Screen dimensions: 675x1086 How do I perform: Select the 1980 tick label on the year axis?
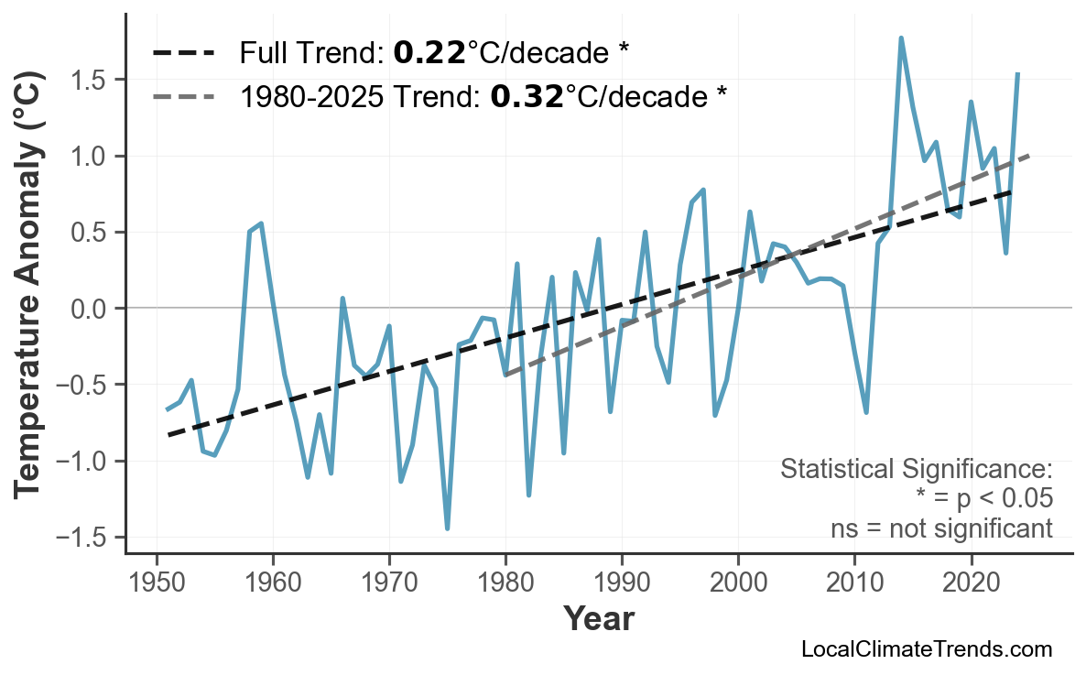[x=505, y=583]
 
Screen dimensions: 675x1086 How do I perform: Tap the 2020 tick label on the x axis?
[x=971, y=583]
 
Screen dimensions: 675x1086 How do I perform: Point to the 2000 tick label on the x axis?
[x=738, y=583]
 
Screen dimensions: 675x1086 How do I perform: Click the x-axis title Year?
[x=598, y=620]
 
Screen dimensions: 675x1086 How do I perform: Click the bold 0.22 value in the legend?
[x=429, y=53]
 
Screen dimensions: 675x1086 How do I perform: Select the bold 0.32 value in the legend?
[x=527, y=96]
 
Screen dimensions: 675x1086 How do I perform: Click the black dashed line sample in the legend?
[x=184, y=53]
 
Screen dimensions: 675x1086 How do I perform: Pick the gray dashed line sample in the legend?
[x=184, y=96]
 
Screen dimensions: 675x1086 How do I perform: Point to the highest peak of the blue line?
[x=901, y=38]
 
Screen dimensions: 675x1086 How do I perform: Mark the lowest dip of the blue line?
[x=447, y=528]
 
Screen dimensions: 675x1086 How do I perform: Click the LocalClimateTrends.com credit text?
[x=926, y=650]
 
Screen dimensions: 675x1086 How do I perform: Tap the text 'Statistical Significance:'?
[x=916, y=470]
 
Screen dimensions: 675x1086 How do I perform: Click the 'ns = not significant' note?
[x=940, y=528]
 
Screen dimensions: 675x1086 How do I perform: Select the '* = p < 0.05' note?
[x=983, y=499]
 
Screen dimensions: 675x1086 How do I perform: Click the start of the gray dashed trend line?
[x=505, y=376]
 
